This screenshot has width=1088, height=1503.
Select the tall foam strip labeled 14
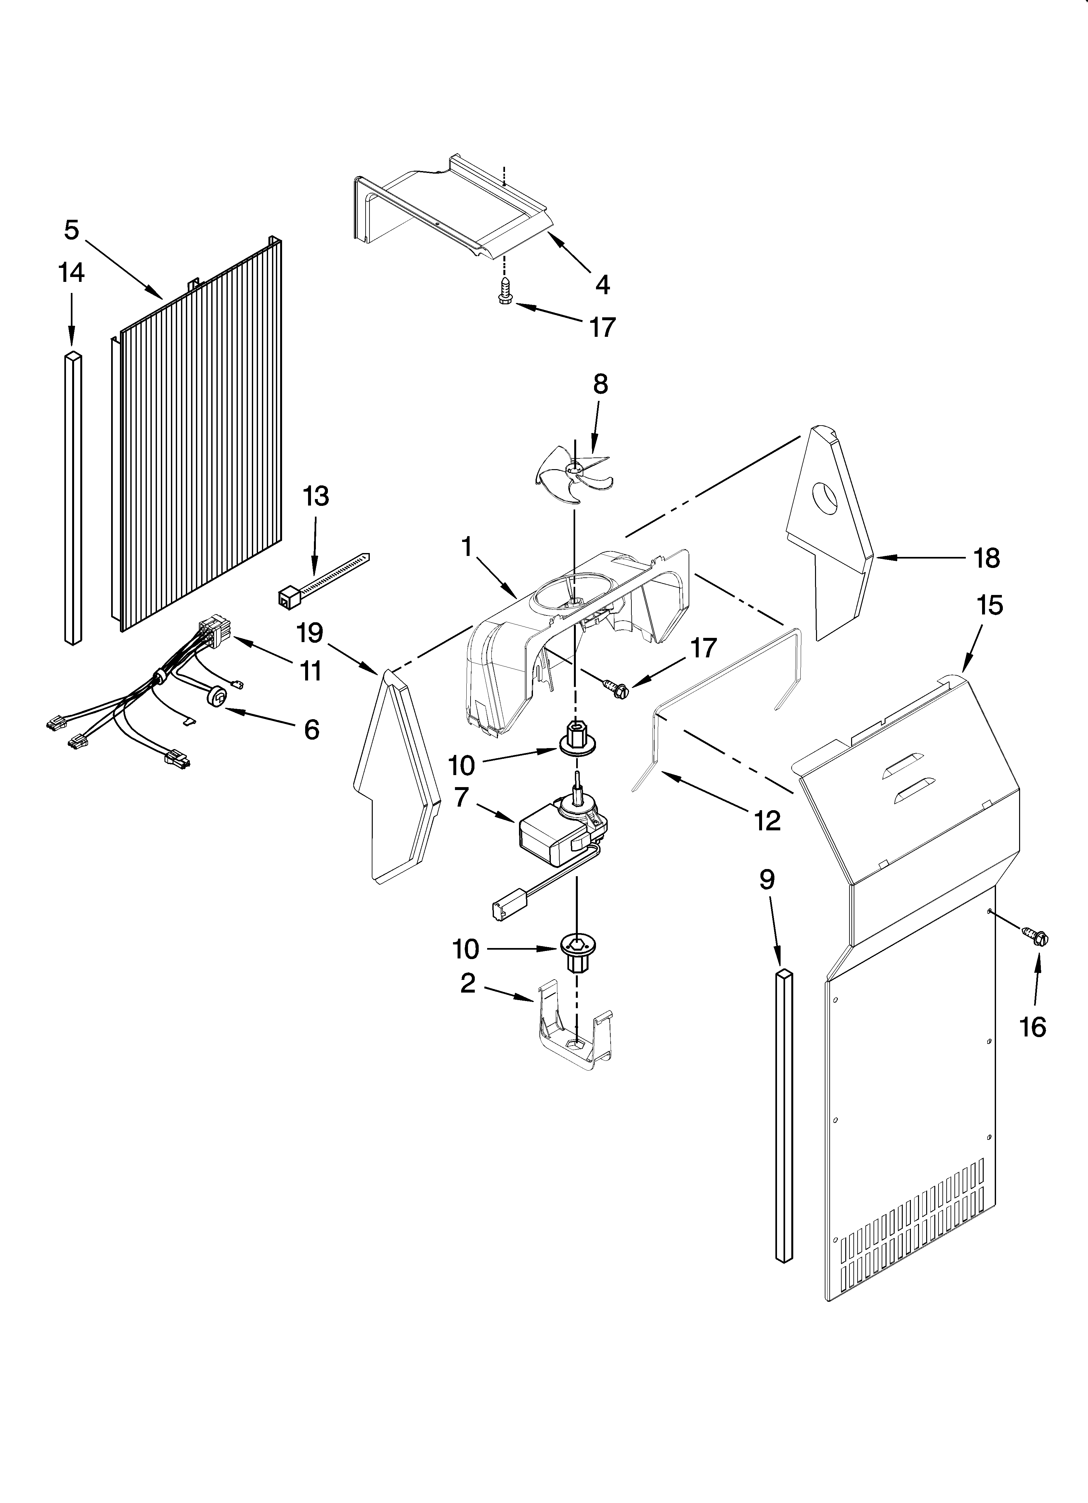coord(73,497)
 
